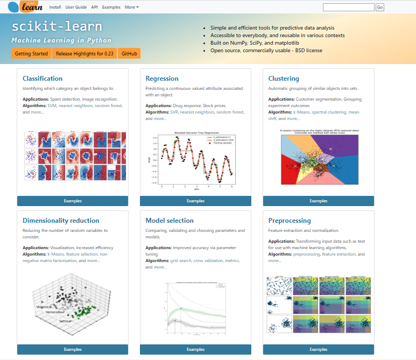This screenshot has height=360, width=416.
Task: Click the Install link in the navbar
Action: click(x=55, y=7)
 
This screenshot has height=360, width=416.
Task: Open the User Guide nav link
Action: click(x=76, y=7)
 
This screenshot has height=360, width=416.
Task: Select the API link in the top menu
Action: click(x=94, y=7)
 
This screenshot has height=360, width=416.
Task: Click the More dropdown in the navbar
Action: click(x=131, y=7)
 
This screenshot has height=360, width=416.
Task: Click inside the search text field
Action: click(x=348, y=8)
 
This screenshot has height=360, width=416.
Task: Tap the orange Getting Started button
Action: click(x=31, y=54)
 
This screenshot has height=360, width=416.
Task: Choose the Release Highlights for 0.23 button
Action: click(x=84, y=54)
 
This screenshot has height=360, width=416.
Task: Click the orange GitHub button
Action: click(x=129, y=54)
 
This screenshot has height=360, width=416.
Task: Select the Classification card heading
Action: click(x=43, y=79)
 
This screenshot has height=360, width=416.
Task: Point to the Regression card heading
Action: click(x=161, y=79)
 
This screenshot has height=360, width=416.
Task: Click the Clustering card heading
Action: click(x=284, y=79)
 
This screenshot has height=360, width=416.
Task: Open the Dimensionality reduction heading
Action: click(x=61, y=221)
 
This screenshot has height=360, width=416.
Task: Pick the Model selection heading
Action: click(x=170, y=221)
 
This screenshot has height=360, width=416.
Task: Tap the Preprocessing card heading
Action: click(x=290, y=221)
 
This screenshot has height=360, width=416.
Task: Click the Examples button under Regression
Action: click(x=195, y=201)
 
